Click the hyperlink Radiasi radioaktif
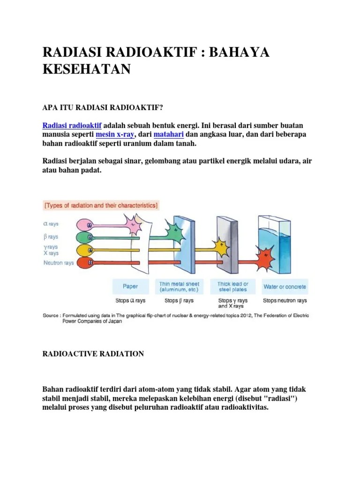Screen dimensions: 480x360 [x=72, y=126]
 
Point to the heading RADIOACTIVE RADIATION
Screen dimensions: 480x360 [x=93, y=354]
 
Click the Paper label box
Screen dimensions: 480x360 [x=130, y=286]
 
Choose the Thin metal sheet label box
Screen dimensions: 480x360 [x=179, y=286]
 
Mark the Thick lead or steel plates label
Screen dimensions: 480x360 [x=232, y=286]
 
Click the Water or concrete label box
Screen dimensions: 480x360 [x=285, y=286]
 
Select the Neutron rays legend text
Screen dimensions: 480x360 [x=59, y=263]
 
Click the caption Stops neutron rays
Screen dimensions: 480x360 [x=285, y=300]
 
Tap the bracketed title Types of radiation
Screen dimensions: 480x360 [x=101, y=205]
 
